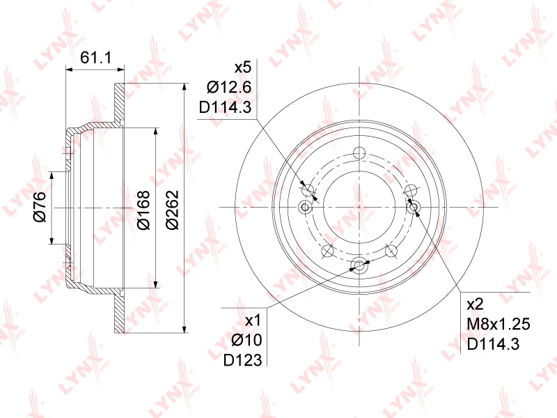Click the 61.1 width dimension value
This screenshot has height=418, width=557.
pyautogui.click(x=95, y=57)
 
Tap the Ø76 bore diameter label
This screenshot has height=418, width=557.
pyautogui.click(x=40, y=206)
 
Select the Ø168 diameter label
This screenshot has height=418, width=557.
pyautogui.click(x=144, y=210)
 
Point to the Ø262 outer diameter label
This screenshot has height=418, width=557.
pyautogui.click(x=172, y=210)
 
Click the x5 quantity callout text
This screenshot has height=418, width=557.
pyautogui.click(x=242, y=67)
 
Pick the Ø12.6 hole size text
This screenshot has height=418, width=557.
pyautogui.click(x=229, y=87)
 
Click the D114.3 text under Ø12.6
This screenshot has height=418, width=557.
pyautogui.click(x=225, y=107)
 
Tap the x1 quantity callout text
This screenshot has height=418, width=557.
pyautogui.click(x=253, y=320)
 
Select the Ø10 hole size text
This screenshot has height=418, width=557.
pyautogui.click(x=246, y=341)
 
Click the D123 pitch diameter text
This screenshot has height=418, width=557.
pyautogui.click(x=242, y=360)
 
